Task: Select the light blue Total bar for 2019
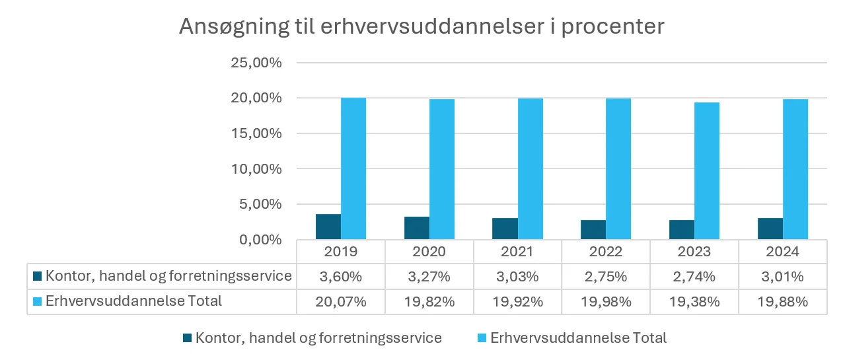pos(353,168)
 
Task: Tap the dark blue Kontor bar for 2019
pos(328,227)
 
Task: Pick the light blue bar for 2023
pos(707,170)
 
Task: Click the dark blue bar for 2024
pos(770,229)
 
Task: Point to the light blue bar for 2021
pos(531,168)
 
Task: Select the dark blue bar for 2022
pos(593,229)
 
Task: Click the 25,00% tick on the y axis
pos(256,63)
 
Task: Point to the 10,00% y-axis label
pos(256,169)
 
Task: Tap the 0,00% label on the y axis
pos(259,240)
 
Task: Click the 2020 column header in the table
pos(429,252)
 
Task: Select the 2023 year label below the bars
pos(694,252)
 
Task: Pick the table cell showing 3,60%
pos(341,276)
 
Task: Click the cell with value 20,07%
pos(341,301)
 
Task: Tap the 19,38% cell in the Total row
pos(694,301)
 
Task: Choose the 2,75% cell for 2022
pos(606,276)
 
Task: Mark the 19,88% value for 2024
pos(783,301)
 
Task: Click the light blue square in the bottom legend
pos(482,338)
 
